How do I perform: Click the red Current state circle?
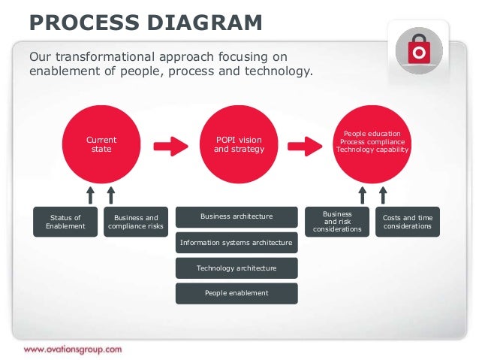101,144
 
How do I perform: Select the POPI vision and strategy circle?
238,144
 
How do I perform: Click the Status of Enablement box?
65,222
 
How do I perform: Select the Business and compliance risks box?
136,222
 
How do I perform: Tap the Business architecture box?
236,217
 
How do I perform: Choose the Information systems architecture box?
236,243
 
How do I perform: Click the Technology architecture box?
236,268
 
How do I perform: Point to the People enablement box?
236,293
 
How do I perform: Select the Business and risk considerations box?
337,222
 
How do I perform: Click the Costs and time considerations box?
408,222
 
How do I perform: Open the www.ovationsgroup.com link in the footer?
72,349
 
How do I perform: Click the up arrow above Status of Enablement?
90,195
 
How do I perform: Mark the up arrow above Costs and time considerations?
383,195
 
